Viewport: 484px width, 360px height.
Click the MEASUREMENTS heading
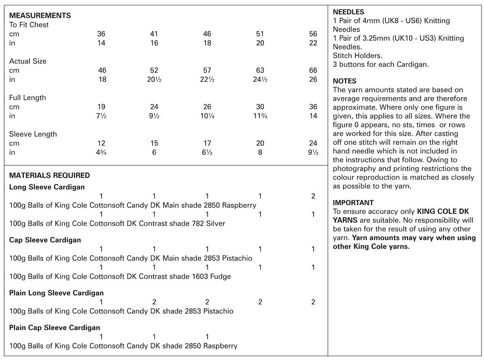(40, 15)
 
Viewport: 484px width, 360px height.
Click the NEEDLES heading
(348, 12)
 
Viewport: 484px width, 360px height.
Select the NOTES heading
(345, 81)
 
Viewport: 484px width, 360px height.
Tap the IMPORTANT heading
(353, 203)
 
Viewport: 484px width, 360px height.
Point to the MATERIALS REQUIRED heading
(49, 176)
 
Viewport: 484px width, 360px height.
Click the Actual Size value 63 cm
(260, 71)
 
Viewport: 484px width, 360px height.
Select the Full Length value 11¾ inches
(260, 116)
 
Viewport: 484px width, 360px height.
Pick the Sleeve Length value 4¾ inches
(102, 152)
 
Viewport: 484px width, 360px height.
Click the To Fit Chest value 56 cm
(313, 34)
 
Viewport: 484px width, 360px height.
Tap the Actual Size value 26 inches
(313, 79)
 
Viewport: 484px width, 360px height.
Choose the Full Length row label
(28, 98)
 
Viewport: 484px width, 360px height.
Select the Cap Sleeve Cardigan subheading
(45, 240)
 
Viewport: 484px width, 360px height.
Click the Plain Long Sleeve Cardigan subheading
(57, 293)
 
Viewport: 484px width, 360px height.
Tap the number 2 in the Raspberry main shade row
(313, 196)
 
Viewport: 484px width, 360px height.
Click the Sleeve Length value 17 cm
(207, 143)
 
